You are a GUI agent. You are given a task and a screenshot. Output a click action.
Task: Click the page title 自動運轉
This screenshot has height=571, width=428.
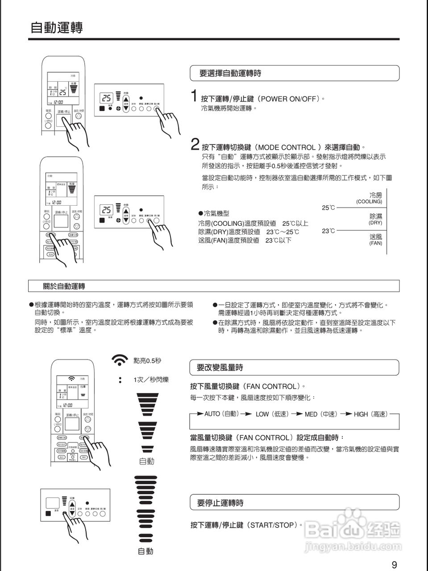pyautogui.click(x=56, y=27)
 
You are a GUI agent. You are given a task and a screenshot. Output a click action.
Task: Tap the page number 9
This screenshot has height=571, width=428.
pyautogui.click(x=394, y=565)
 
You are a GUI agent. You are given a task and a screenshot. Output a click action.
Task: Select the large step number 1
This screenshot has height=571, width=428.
pyautogui.click(x=194, y=96)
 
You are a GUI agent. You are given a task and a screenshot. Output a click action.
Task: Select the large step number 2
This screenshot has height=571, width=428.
pyautogui.click(x=195, y=145)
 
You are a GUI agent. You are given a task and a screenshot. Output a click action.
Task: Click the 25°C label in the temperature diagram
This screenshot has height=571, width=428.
pyautogui.click(x=328, y=208)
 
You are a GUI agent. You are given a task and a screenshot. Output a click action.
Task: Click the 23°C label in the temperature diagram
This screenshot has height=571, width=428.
pyautogui.click(x=328, y=231)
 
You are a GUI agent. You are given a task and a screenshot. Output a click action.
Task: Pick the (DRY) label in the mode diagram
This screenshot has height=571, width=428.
pyautogui.click(x=375, y=223)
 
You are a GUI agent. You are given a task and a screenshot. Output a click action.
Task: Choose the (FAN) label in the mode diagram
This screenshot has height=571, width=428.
pyautogui.click(x=375, y=243)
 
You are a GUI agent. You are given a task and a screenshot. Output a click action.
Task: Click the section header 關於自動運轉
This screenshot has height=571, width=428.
pyautogui.click(x=64, y=286)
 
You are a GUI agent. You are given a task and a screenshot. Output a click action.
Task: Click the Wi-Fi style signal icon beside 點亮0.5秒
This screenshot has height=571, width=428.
pyautogui.click(x=119, y=360)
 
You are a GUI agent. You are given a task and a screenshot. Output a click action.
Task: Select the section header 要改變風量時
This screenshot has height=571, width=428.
pyautogui.click(x=220, y=368)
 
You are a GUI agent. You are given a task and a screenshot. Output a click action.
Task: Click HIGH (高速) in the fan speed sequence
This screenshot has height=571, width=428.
pyautogui.click(x=370, y=414)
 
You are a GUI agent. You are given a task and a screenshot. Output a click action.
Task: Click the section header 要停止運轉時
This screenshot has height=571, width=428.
pyautogui.click(x=220, y=503)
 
